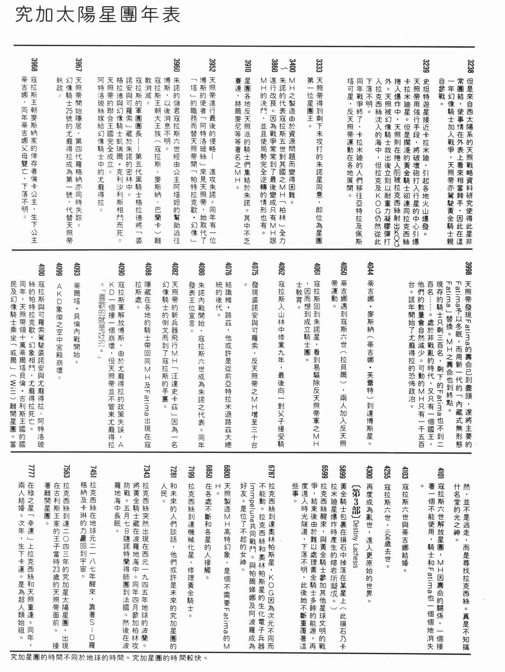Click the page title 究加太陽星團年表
[x=98, y=15]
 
